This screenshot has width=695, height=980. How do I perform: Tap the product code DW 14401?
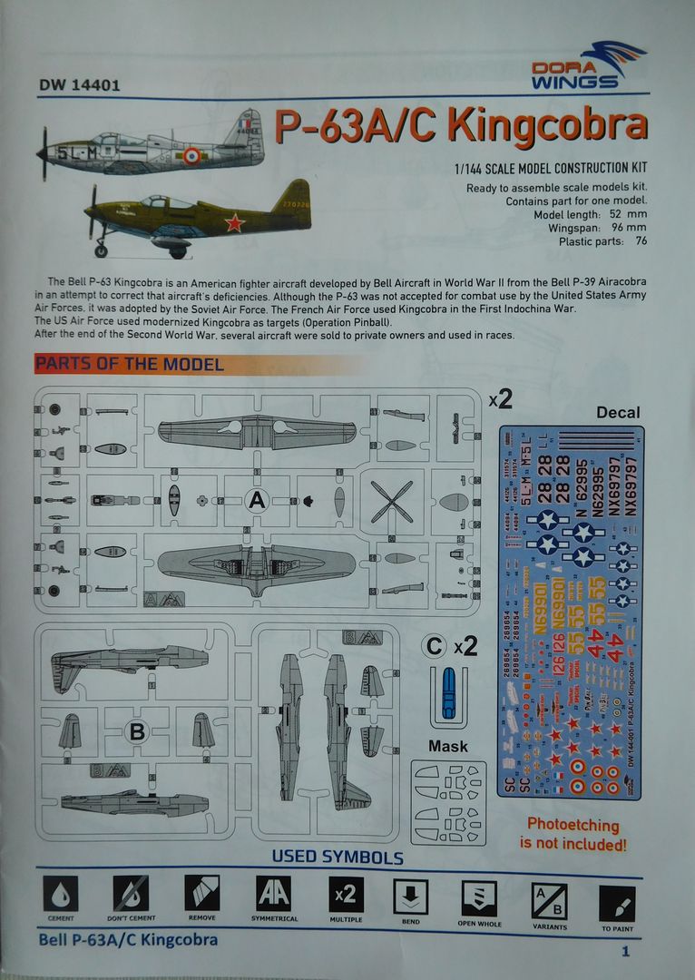80,87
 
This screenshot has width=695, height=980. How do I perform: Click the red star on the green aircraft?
235,221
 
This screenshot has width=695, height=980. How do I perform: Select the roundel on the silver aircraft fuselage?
191,156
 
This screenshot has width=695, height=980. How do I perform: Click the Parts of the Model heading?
129,365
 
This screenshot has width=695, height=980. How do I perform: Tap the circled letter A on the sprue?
257,498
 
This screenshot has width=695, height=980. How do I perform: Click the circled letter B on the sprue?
135,731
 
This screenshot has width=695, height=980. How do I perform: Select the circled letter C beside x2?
435,646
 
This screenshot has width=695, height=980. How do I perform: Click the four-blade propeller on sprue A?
391,501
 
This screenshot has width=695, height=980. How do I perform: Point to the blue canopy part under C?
447,692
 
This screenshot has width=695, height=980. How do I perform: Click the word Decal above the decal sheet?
618,413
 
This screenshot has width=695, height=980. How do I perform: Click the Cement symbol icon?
61,896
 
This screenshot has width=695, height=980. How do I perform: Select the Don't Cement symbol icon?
131,896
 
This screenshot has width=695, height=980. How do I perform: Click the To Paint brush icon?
617,903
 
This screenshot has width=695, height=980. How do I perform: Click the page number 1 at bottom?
625,952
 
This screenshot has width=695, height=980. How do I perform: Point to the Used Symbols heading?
338,857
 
